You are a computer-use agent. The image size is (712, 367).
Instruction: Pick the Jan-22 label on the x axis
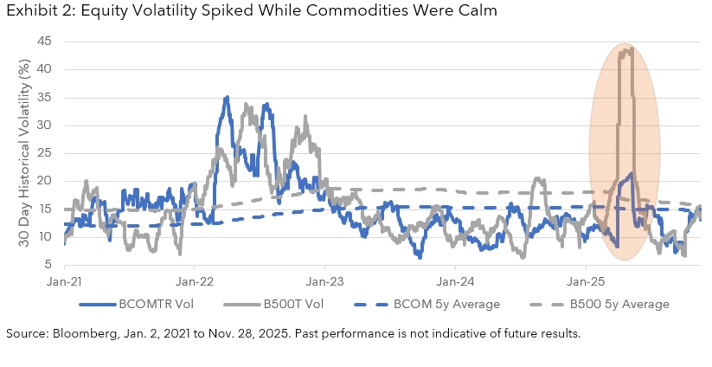[x=196, y=280]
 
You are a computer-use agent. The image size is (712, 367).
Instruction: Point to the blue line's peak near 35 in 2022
[x=227, y=97]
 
